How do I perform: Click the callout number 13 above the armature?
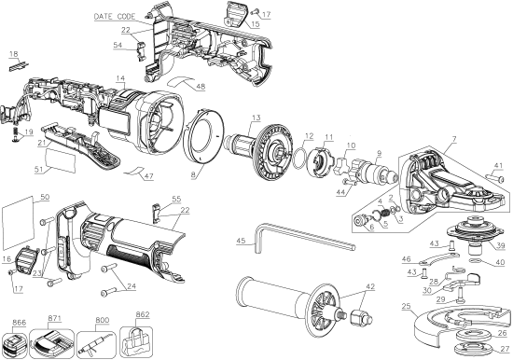coord(255,117)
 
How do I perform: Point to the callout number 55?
coord(174,200)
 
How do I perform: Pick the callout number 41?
coord(500,166)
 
